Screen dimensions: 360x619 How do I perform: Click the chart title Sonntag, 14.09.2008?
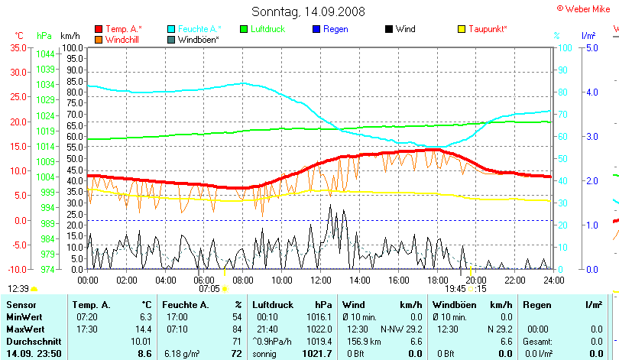point(308,11)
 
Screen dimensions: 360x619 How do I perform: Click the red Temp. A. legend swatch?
point(99,29)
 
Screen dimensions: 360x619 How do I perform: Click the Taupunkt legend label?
point(488,29)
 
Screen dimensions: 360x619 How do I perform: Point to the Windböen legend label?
point(199,39)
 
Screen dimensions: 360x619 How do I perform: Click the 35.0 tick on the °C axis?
point(17,47)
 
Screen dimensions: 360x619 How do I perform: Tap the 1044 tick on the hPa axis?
point(45,54)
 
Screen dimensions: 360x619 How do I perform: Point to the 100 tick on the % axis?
point(562,47)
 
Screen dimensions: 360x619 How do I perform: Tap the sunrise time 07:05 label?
point(209,289)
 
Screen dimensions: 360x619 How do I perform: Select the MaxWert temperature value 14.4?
point(144,329)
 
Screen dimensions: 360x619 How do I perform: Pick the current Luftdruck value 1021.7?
point(317,354)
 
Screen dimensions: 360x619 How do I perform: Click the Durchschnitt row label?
point(31,341)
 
